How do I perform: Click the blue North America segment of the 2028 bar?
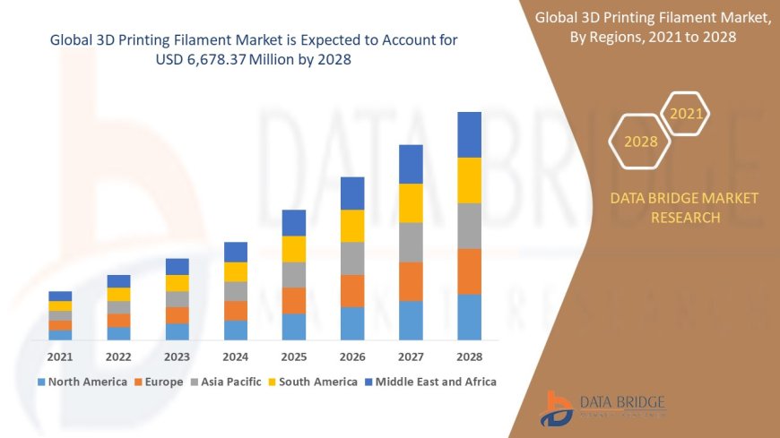[x=470, y=317]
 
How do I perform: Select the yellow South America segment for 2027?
[x=411, y=202]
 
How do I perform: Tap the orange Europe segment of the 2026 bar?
[x=352, y=290]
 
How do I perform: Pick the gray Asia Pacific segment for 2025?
[x=294, y=274]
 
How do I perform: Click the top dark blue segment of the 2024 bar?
[x=236, y=252]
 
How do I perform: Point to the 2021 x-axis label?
[x=60, y=356]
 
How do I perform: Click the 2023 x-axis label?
[x=177, y=356]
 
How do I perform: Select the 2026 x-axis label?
[x=352, y=356]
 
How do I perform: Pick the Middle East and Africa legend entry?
[x=430, y=382]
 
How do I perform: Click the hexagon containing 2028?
[x=640, y=142]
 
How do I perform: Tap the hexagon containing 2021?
[x=687, y=114]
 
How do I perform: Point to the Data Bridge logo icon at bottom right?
[x=557, y=408]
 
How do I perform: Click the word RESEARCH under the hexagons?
[x=684, y=218]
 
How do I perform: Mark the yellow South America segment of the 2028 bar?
[x=470, y=180]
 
